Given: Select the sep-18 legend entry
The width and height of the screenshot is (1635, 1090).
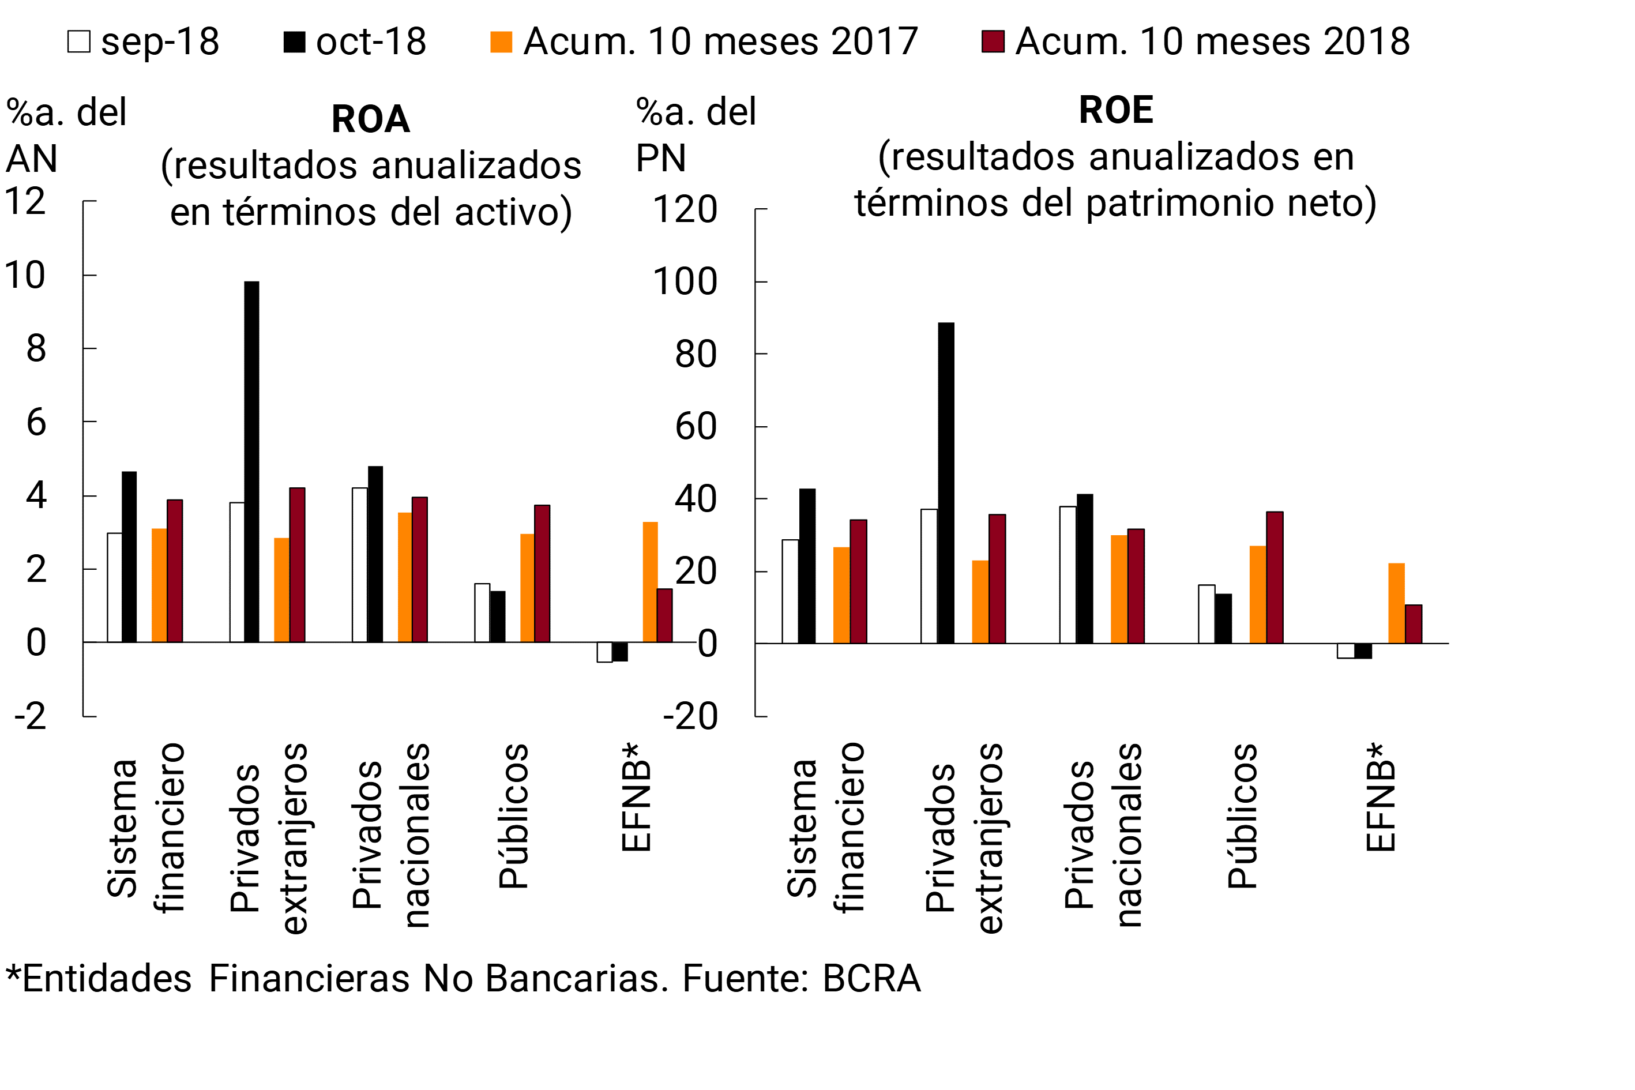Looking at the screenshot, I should (x=144, y=42).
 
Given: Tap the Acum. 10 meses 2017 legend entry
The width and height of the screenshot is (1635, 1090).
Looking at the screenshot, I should (x=704, y=42).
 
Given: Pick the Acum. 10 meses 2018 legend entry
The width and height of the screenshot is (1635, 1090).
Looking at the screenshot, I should (x=1196, y=42).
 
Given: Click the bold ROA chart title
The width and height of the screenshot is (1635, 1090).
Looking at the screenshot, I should (x=370, y=119).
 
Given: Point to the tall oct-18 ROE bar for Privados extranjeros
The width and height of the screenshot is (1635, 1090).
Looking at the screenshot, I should (x=946, y=483).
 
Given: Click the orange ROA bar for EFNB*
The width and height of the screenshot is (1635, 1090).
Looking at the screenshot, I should (x=650, y=582).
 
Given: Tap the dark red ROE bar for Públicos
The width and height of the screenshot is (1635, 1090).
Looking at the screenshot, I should (x=1275, y=577).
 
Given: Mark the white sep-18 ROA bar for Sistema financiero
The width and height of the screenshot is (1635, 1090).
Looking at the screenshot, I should (x=115, y=588).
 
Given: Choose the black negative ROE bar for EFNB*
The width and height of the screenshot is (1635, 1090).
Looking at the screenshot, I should (x=1363, y=651).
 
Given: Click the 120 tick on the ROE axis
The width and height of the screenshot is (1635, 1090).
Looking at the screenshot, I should (x=685, y=209).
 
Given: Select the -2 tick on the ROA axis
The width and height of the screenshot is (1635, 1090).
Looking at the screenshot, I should (x=31, y=716).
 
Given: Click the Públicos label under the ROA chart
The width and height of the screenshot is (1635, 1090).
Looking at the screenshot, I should (x=514, y=816).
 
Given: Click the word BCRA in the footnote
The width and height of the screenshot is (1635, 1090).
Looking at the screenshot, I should (x=871, y=979).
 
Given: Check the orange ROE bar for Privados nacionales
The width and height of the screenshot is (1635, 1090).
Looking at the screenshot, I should (x=1119, y=589).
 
